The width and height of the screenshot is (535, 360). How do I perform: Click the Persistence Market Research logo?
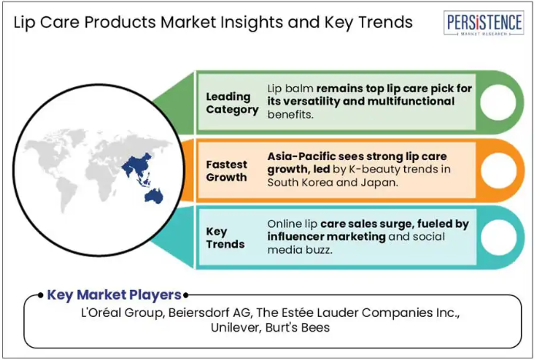483,23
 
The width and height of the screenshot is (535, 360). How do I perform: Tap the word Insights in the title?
251,22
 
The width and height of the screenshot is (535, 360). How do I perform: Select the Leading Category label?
232,103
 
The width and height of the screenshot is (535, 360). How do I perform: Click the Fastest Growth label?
226,171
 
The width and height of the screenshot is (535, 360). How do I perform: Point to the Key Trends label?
226,238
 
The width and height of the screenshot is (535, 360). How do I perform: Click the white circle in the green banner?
498,102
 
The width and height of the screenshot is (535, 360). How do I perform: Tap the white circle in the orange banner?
499,171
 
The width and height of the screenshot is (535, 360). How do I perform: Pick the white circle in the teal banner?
499,238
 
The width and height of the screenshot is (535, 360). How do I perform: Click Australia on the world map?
154,196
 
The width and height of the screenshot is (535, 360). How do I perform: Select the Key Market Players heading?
114,295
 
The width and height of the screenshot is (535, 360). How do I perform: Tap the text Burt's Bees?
298,328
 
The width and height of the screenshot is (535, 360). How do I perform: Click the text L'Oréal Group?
123,312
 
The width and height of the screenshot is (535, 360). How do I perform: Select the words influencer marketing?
326,237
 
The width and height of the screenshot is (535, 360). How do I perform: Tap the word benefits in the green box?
290,115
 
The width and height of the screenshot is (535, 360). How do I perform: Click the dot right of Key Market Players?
186,295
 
